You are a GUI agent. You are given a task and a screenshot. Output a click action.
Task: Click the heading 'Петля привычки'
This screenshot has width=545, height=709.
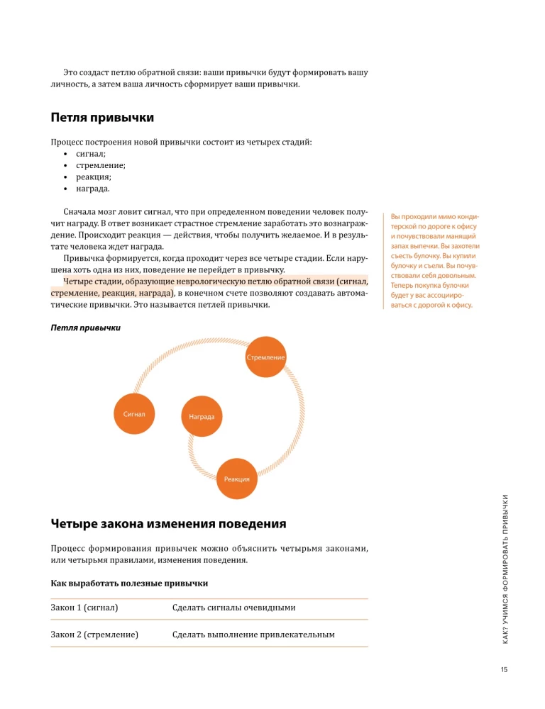[x=102, y=117]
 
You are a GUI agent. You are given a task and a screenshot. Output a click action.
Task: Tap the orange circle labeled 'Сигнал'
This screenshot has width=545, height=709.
[x=134, y=413]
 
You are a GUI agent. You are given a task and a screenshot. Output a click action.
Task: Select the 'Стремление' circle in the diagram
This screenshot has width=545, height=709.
[x=265, y=357]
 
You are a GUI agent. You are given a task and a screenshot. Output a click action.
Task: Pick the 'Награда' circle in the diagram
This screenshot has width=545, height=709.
[x=202, y=416]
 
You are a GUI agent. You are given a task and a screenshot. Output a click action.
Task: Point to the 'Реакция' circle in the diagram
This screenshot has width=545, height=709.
[x=236, y=479]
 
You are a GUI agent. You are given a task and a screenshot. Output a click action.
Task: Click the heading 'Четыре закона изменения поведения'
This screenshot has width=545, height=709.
[x=168, y=525]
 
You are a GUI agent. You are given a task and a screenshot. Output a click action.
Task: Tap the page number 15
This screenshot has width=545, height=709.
[x=505, y=669]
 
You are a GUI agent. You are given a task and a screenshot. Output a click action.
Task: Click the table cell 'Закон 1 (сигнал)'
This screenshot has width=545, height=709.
[x=84, y=608]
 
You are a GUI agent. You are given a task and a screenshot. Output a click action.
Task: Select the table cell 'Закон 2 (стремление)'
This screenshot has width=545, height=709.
[x=94, y=634]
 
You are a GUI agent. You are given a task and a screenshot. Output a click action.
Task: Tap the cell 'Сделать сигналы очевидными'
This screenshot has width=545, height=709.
[x=233, y=608]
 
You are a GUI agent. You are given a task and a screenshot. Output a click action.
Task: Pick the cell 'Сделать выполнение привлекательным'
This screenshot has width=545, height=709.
[x=253, y=634]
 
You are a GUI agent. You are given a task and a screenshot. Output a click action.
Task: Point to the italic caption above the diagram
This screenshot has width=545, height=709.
[x=85, y=328]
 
